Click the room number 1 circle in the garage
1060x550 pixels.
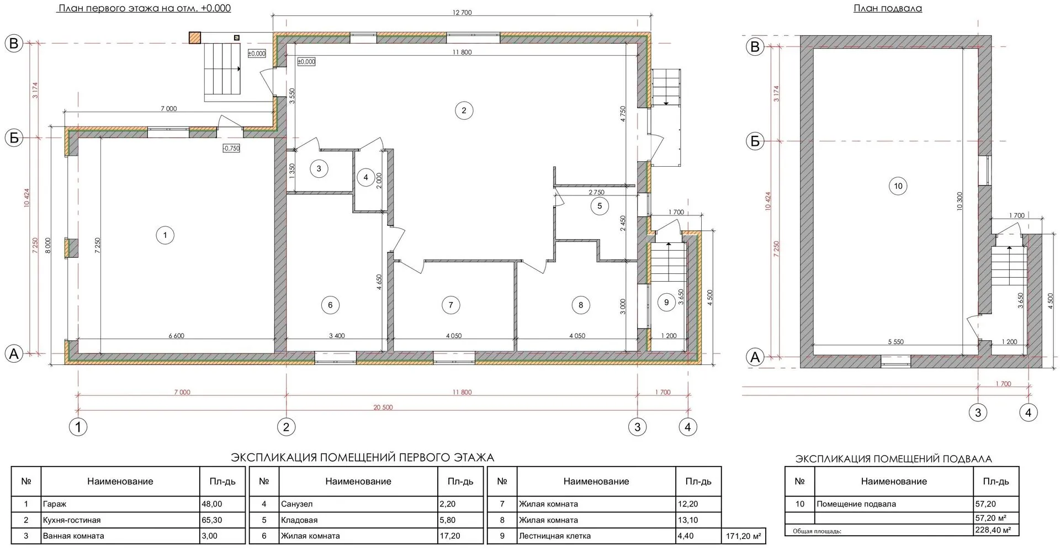pos(165,235)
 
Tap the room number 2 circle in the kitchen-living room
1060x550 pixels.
pos(464,110)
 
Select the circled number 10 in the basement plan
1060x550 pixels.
pos(898,186)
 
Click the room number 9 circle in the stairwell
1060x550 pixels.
pos(666,302)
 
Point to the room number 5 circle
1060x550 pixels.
pos(600,207)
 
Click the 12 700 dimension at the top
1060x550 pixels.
pos(462,13)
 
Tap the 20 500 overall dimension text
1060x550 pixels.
pos(383,408)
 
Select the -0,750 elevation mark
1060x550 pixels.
pos(231,148)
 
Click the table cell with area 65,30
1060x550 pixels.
pos(213,520)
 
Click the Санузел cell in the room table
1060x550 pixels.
pos(296,504)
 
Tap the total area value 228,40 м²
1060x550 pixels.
pos(993,530)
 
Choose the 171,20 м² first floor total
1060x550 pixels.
pos(743,536)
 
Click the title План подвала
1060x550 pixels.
pos(888,8)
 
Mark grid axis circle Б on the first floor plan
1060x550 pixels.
pos(14,137)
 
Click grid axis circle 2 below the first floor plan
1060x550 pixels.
pos(286,427)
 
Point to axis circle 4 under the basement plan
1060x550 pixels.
pos(1029,412)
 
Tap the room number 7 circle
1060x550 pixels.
pos(451,305)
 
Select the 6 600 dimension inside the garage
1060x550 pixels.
pos(176,336)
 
